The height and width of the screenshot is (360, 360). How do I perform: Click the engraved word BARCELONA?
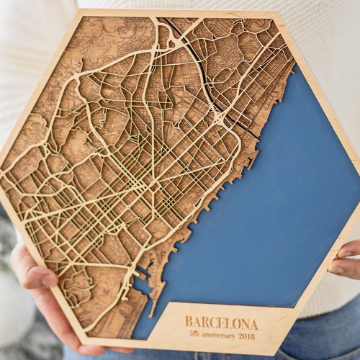[221, 321]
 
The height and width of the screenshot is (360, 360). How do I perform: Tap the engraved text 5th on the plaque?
[194, 335]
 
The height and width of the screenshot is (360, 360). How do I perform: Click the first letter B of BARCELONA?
[189, 321]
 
